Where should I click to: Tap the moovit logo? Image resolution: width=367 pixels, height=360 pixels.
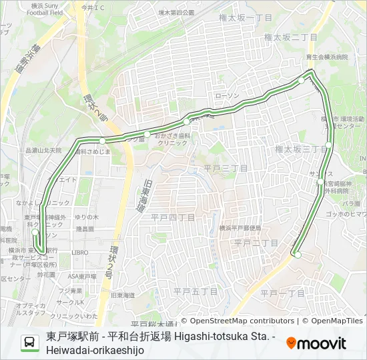(316, 343)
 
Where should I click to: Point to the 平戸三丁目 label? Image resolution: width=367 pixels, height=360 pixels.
(226, 167)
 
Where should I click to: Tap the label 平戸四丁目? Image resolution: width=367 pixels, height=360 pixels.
(172, 217)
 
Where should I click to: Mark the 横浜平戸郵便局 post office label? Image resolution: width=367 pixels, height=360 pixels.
(240, 228)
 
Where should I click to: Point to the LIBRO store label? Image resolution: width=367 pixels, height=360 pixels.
(80, 253)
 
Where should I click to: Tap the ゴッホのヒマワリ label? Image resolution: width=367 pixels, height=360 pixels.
(346, 214)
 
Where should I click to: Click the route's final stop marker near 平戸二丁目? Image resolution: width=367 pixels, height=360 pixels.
(298, 255)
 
